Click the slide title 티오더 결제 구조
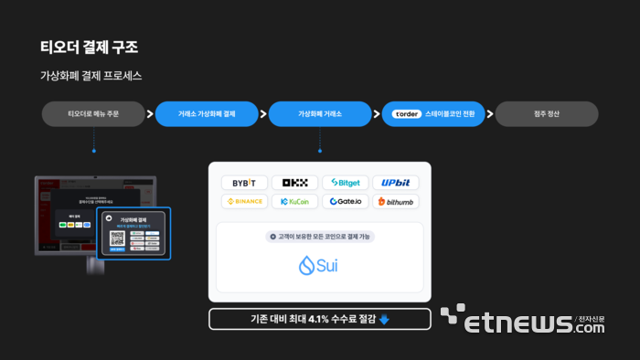89,47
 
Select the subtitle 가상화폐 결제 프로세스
91,76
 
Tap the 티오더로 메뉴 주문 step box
93,114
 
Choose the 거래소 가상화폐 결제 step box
207,114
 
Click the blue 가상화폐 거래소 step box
320,114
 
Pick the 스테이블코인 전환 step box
433,114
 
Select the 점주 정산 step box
547,114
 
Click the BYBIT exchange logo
244,183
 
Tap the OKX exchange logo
294,183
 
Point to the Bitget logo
345,183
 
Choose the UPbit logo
395,183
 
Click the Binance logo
244,201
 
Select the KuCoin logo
294,201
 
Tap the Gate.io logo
345,201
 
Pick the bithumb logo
395,201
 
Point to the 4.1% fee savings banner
319,319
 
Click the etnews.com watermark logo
530,321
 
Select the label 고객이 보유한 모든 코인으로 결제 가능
319,236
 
